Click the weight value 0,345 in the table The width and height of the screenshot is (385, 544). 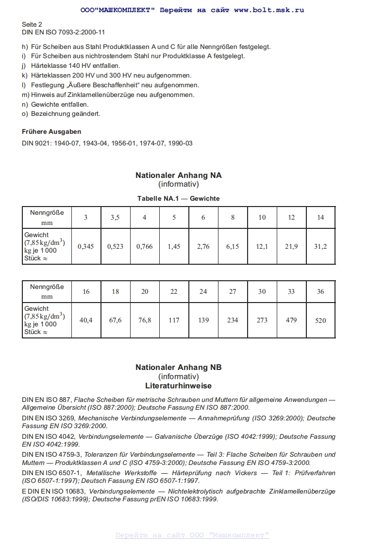pos(86,246)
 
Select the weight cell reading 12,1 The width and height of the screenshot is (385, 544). pos(262,246)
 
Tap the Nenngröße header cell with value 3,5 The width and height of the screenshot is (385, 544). pos(115,218)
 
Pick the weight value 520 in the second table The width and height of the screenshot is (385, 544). pos(320,320)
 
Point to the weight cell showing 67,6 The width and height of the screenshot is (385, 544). pos(115,320)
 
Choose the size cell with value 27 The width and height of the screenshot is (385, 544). pos(233,291)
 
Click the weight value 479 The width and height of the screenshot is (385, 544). pos(291,320)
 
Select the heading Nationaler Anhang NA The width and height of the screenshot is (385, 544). pos(178,176)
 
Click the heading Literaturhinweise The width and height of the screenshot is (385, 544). pos(178,386)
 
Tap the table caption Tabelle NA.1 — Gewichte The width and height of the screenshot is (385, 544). pos(178,199)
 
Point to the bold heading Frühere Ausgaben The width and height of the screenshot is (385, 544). pos(51,132)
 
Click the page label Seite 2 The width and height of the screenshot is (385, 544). pos(32,24)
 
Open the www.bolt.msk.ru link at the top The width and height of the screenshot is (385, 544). pos(269,10)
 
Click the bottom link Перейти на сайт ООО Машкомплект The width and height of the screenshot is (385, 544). pos(192,535)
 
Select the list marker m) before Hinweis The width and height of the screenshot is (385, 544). pos(26,95)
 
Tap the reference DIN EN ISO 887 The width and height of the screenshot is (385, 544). pos(47,400)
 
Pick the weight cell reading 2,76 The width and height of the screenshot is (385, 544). pos(203,246)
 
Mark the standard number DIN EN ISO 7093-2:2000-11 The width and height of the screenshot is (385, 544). pos(63,32)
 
